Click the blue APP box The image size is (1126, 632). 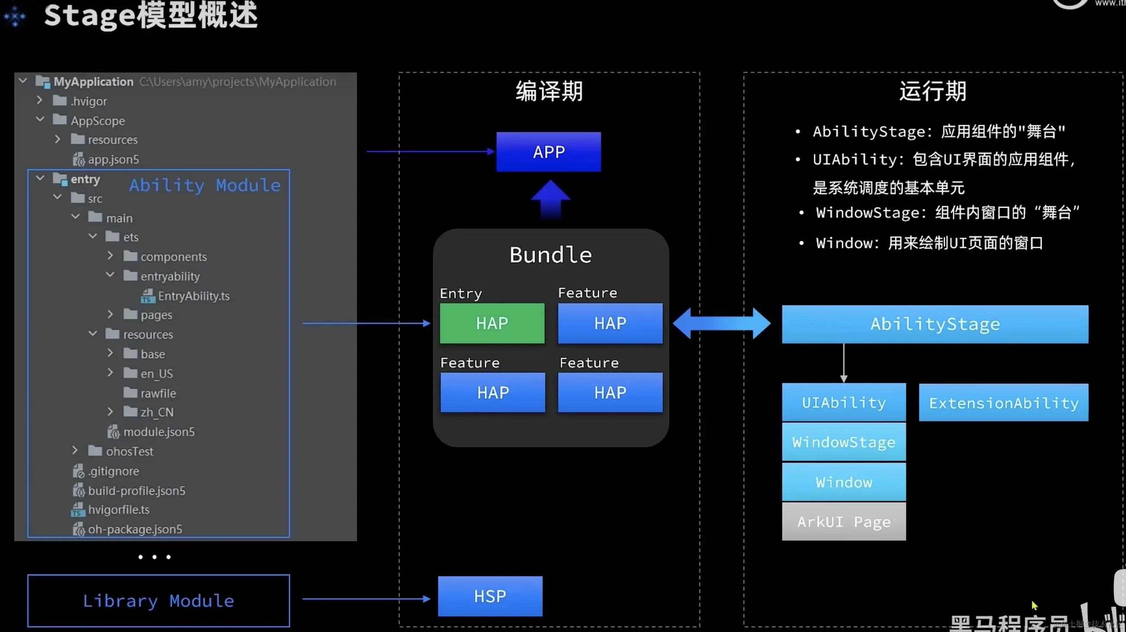pyautogui.click(x=549, y=152)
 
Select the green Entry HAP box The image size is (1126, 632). pyautogui.click(x=492, y=323)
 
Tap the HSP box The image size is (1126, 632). pyautogui.click(x=490, y=596)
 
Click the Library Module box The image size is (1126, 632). pyautogui.click(x=158, y=600)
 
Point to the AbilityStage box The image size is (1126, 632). pyautogui.click(x=935, y=324)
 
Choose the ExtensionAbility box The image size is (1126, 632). pyautogui.click(x=1004, y=403)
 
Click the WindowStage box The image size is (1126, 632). pyautogui.click(x=843, y=442)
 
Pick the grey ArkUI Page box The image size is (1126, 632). pyautogui.click(x=843, y=521)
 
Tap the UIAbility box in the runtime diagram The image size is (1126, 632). pyautogui.click(x=843, y=402)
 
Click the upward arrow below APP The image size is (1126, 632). pyautogui.click(x=550, y=199)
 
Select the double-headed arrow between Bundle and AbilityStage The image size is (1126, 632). pyautogui.click(x=722, y=323)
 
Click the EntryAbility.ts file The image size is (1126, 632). pyautogui.click(x=193, y=296)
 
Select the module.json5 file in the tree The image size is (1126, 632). pyautogui.click(x=159, y=432)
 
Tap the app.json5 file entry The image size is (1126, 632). pyautogui.click(x=113, y=160)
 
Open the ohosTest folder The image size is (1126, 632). pyautogui.click(x=129, y=451)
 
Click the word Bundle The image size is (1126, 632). pyautogui.click(x=550, y=255)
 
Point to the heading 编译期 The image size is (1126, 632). pyautogui.click(x=549, y=91)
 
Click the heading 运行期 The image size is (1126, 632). pyautogui.click(x=933, y=91)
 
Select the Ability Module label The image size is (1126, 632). pyautogui.click(x=205, y=185)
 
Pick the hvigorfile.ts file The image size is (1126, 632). pyautogui.click(x=119, y=510)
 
